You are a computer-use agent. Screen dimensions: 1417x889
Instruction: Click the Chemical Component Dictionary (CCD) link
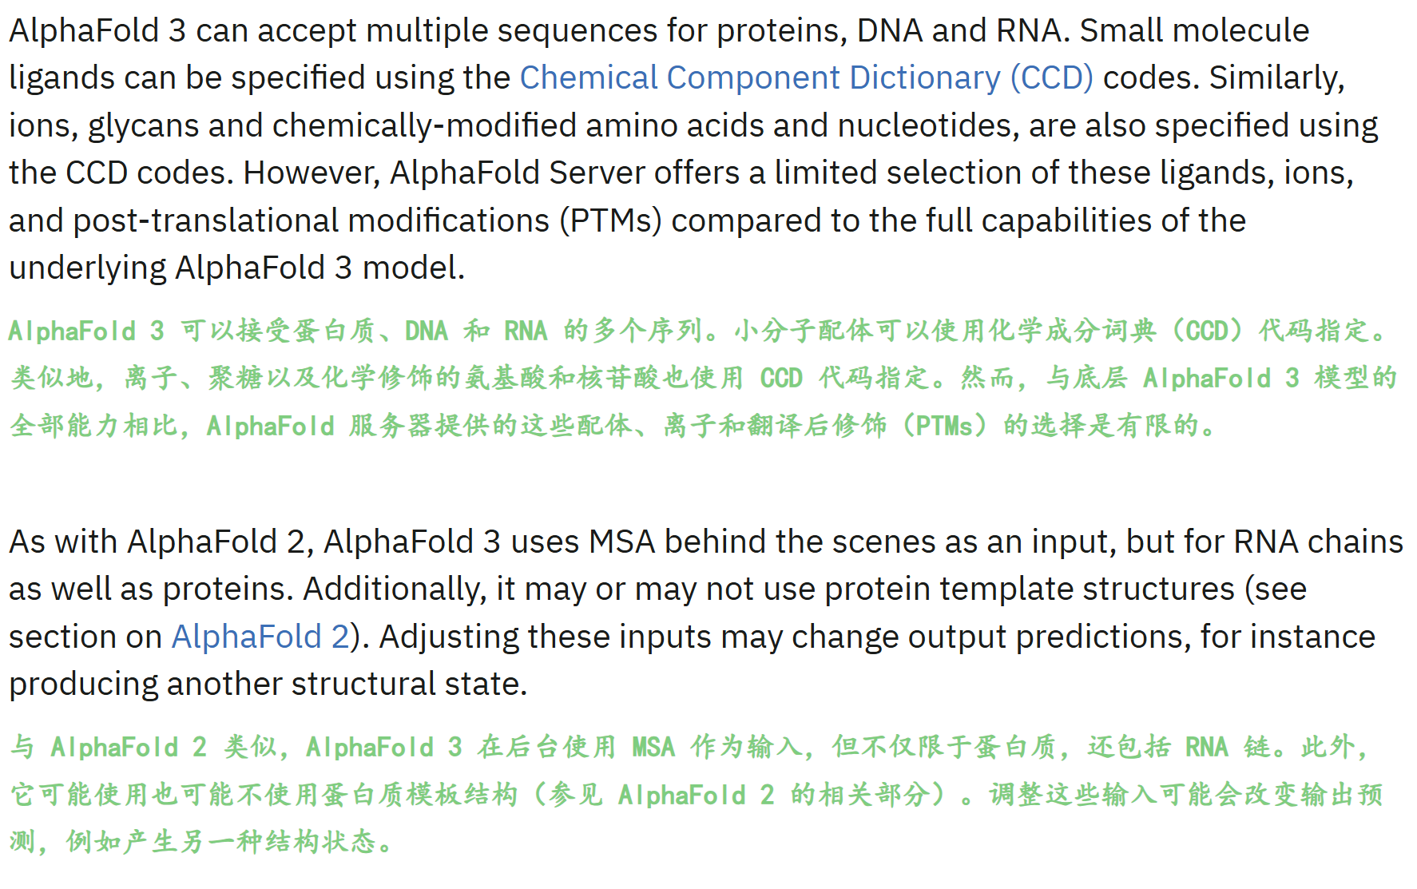pyautogui.click(x=806, y=78)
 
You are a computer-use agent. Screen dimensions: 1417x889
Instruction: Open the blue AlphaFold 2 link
pyautogui.click(x=260, y=637)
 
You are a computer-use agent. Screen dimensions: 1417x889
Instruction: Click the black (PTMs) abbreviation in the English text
pyautogui.click(x=610, y=221)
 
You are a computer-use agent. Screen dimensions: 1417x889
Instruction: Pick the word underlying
pyautogui.click(x=88, y=268)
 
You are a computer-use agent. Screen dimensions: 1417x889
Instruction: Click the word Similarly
pyautogui.click(x=1276, y=78)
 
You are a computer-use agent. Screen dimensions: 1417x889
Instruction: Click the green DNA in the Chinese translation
pyautogui.click(x=426, y=331)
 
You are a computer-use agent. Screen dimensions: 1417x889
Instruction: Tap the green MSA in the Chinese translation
pyautogui.click(x=653, y=748)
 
